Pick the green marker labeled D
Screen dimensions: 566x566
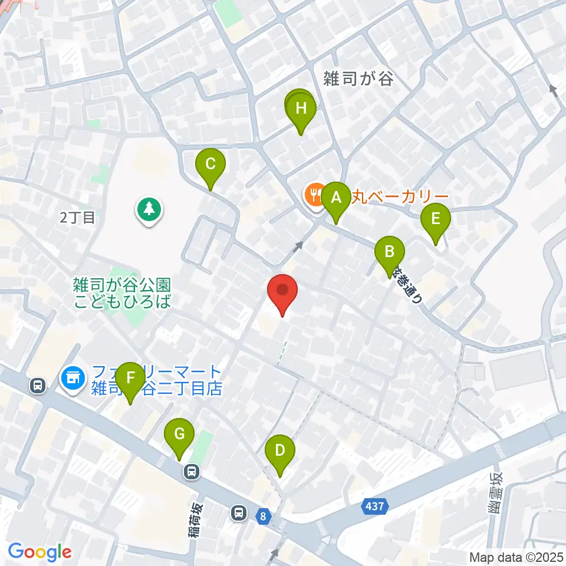[x=280, y=452]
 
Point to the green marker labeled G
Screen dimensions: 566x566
[x=180, y=436]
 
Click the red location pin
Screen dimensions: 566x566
[x=282, y=292]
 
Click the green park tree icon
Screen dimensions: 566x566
[x=149, y=209]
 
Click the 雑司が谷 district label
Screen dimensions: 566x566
[x=358, y=78]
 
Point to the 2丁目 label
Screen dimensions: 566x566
[x=77, y=218]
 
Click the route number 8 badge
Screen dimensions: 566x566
[x=262, y=516]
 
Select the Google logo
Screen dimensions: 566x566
[x=40, y=552]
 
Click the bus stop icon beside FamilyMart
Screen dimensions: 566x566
[x=38, y=386]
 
